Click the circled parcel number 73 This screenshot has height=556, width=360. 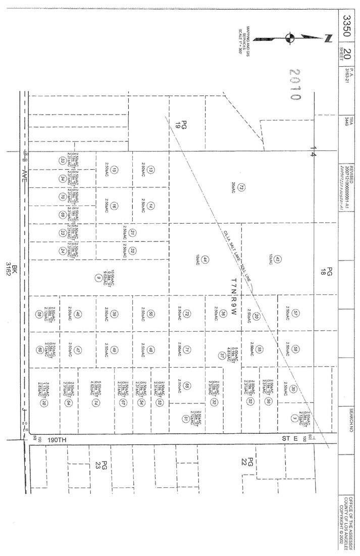point(241,187)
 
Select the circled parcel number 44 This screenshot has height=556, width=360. point(205,260)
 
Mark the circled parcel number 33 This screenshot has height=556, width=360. point(62,160)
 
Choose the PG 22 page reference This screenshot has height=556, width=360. point(248,461)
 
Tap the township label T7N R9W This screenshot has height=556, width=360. point(233,293)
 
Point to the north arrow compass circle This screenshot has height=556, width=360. point(289,37)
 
